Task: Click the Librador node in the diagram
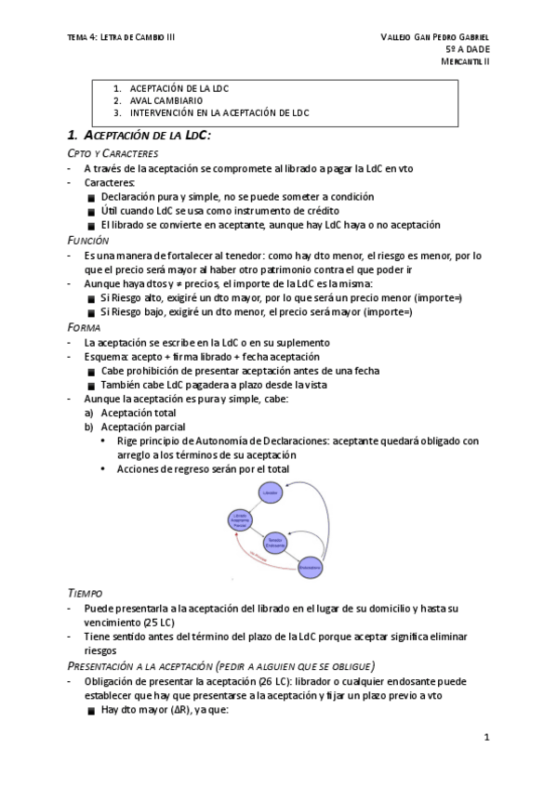pos(271,493)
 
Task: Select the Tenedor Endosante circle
pos(275,540)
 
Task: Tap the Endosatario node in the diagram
pos(310,566)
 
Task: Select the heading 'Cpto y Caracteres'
pos(113,152)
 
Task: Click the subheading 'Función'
pos(89,240)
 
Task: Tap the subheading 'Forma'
pos(85,327)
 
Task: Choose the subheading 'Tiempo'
pos(86,591)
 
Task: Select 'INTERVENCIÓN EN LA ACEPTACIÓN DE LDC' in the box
pos(219,112)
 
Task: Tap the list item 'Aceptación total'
pos(139,413)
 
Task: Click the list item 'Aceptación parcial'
pos(142,427)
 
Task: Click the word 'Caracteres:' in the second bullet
pos(110,183)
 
